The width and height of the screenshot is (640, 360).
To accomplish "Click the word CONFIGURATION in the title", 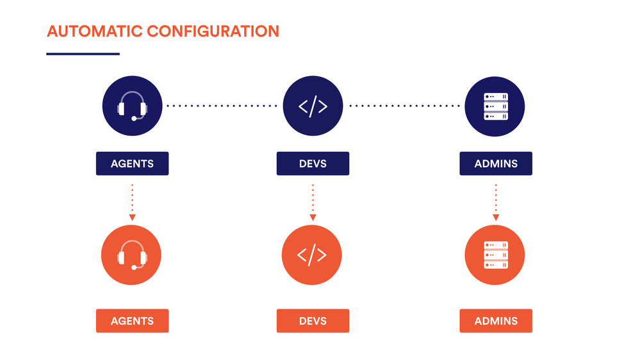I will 212,31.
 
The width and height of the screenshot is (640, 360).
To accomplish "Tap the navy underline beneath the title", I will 83,54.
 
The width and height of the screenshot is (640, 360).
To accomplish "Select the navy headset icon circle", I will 133,106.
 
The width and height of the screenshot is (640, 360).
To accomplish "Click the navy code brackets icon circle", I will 313,106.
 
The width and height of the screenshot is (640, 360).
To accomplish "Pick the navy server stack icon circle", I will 495,106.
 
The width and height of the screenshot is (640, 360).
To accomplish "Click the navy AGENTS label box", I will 132,163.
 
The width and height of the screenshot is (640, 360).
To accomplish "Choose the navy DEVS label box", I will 313,163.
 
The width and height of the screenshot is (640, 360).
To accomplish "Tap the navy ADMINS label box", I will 496,163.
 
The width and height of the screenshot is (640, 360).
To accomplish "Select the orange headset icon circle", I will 132,255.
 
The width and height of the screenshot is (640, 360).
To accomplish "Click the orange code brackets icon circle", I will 312,255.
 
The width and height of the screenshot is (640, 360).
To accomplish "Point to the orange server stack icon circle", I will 495,255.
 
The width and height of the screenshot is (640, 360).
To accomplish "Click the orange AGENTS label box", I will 132,321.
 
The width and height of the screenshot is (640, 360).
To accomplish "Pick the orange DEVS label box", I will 313,321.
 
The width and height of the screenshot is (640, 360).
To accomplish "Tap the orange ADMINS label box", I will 496,321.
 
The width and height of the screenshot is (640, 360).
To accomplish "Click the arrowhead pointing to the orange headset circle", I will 132,218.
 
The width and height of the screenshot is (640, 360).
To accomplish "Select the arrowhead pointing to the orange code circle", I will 313,218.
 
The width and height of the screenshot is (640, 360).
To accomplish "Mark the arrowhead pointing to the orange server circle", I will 496,218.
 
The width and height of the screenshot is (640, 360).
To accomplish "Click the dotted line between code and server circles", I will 404,106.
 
